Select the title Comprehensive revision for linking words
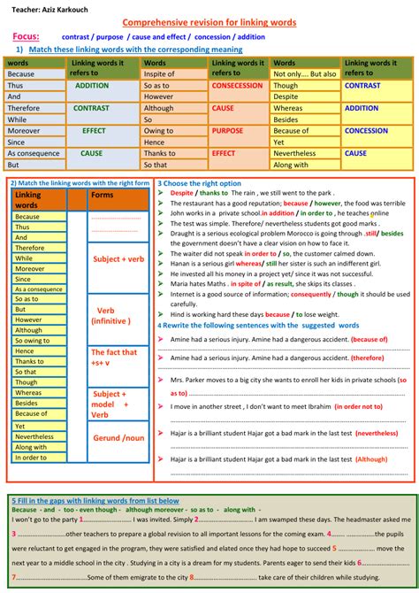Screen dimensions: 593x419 [209, 21]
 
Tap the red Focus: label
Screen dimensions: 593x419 [31, 36]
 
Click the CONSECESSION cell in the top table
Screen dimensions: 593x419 [237, 86]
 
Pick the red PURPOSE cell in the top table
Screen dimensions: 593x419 [227, 130]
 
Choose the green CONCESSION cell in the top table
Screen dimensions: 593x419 [366, 130]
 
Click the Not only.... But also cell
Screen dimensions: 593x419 [304, 74]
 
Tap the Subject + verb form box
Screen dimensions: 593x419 [118, 259]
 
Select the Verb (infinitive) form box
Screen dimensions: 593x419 [118, 316]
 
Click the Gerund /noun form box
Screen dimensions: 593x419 [118, 438]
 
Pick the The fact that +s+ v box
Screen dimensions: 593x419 [118, 357]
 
